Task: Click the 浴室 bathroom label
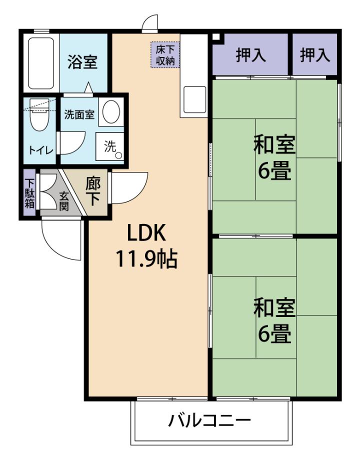point(82,61)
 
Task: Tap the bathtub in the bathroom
point(41,63)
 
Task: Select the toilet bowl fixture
point(39,115)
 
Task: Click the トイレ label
point(41,150)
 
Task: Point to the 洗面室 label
point(79,114)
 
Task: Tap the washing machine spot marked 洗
point(109,146)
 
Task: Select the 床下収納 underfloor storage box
point(165,55)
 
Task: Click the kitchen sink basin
point(195,99)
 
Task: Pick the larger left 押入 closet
point(250,54)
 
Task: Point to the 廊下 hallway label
point(93,192)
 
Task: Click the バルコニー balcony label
point(209,420)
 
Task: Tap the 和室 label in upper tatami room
point(274,144)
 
